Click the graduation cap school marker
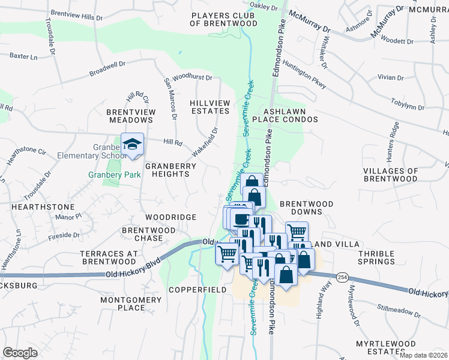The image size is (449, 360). (132, 145)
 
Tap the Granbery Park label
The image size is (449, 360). (114, 175)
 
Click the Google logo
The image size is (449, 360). (20, 353)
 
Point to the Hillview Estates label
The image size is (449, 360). (209, 107)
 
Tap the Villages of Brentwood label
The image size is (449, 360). (390, 175)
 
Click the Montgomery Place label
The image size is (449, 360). (122, 304)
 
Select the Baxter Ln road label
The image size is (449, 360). (23, 56)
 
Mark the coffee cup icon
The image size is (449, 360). (241, 218)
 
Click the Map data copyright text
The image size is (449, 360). (423, 355)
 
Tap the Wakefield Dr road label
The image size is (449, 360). (205, 140)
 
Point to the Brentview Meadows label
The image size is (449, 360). (131, 116)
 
